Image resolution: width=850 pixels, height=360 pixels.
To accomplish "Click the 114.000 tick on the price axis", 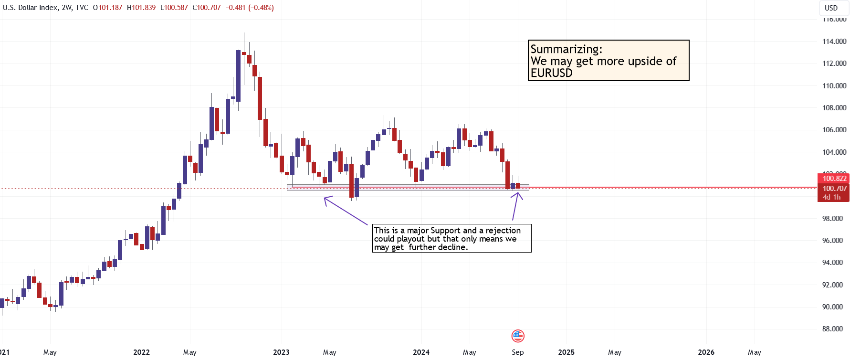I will click(834, 42).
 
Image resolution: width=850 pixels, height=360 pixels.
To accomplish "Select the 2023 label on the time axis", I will click(281, 352).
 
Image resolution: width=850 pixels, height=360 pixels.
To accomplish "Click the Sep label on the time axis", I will click(517, 352).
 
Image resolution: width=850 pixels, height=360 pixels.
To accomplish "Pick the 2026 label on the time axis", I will click(706, 352).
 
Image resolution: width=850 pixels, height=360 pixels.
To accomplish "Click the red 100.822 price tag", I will click(834, 179).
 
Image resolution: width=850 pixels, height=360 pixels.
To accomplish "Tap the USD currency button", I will click(831, 8).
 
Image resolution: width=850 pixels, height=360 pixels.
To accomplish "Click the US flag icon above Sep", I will click(518, 336).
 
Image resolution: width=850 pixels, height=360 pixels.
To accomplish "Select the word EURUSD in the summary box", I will click(551, 73).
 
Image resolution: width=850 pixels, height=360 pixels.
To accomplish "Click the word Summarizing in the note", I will click(566, 49).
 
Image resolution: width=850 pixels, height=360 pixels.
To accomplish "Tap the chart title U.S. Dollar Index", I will click(30, 8).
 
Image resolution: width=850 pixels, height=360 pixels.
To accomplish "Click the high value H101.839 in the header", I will click(141, 8).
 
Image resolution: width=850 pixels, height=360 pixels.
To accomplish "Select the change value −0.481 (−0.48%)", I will click(250, 8).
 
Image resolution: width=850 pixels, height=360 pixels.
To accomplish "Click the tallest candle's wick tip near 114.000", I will click(244, 33).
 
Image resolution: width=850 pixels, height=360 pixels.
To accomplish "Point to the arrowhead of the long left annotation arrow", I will click(325, 198).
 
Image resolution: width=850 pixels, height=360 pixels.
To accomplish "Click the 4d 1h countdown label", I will click(831, 197).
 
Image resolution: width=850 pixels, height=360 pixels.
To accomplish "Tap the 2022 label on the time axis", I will click(141, 352).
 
